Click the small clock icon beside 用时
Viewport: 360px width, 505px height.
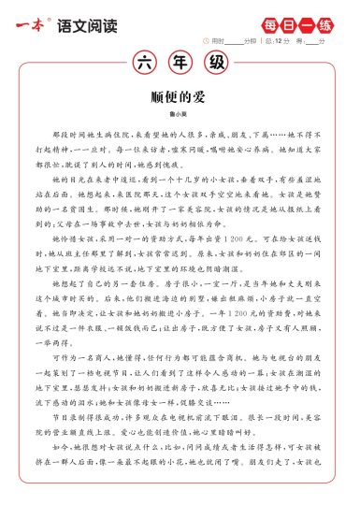tap(206, 40)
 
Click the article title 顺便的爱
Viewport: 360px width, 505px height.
tap(180, 96)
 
